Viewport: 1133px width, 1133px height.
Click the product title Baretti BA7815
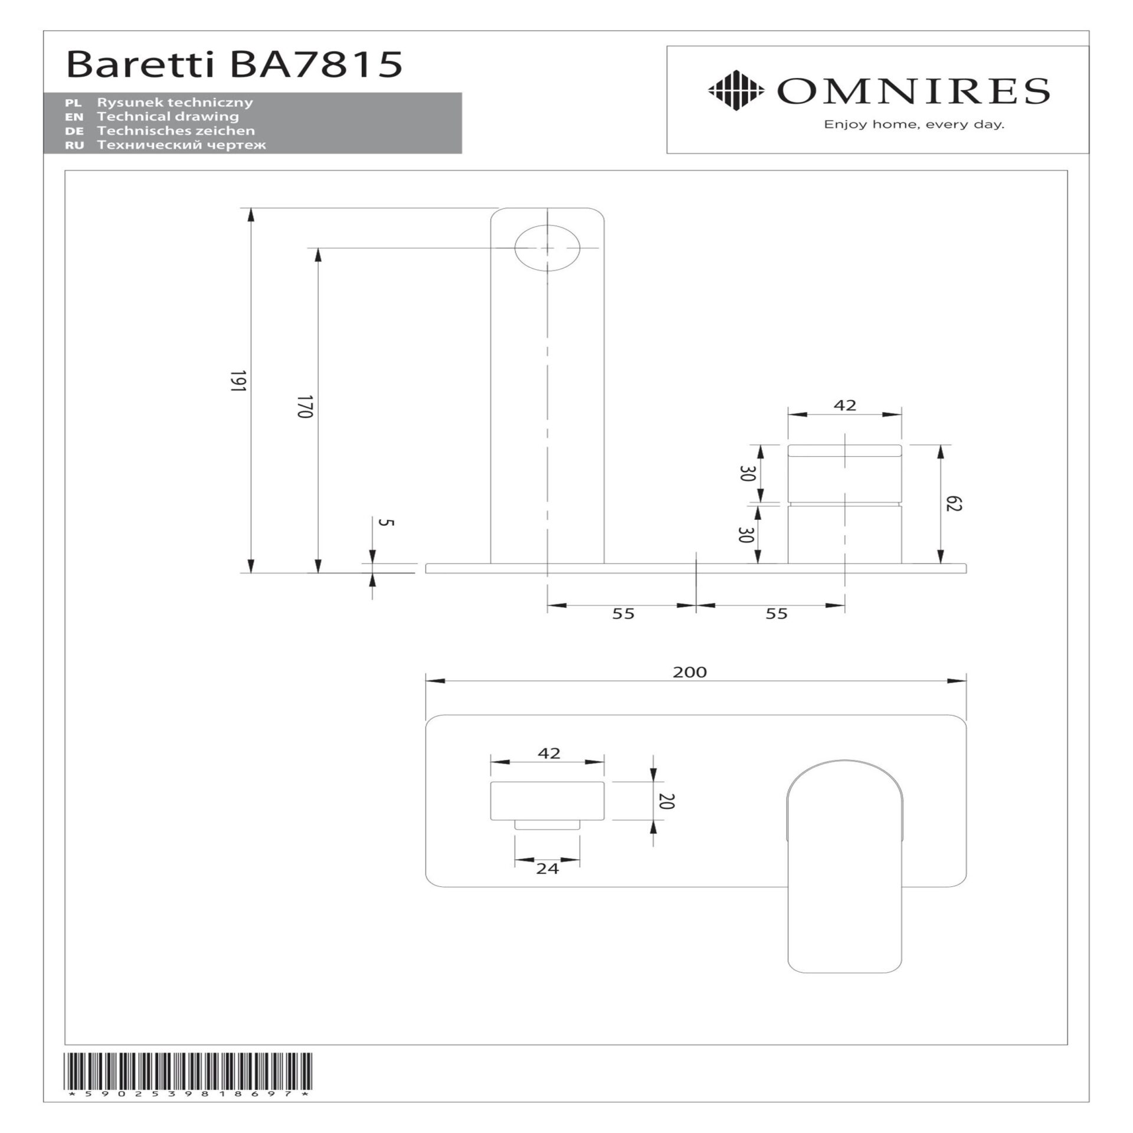pyautogui.click(x=234, y=65)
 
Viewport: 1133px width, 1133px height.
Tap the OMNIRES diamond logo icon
pyautogui.click(x=735, y=90)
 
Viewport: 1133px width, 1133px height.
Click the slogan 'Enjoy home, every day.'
pyautogui.click(x=914, y=125)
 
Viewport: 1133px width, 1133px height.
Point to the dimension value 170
pyautogui.click(x=304, y=407)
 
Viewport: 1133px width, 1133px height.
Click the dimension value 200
pyautogui.click(x=690, y=672)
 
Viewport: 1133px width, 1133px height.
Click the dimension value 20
pyautogui.click(x=669, y=801)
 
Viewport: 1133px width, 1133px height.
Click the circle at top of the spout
pyautogui.click(x=547, y=248)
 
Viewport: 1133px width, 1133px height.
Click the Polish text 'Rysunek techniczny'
pyautogui.click(x=175, y=102)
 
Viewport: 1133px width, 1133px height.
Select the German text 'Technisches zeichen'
pyautogui.click(x=176, y=130)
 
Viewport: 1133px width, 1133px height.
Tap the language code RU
pyautogui.click(x=75, y=145)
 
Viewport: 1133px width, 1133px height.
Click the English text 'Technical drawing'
pyautogui.click(x=168, y=116)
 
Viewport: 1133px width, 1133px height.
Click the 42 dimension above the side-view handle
pyautogui.click(x=844, y=405)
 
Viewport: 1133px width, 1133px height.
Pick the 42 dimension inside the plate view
pyautogui.click(x=549, y=754)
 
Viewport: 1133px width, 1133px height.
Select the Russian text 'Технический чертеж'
pyautogui.click(x=181, y=145)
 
